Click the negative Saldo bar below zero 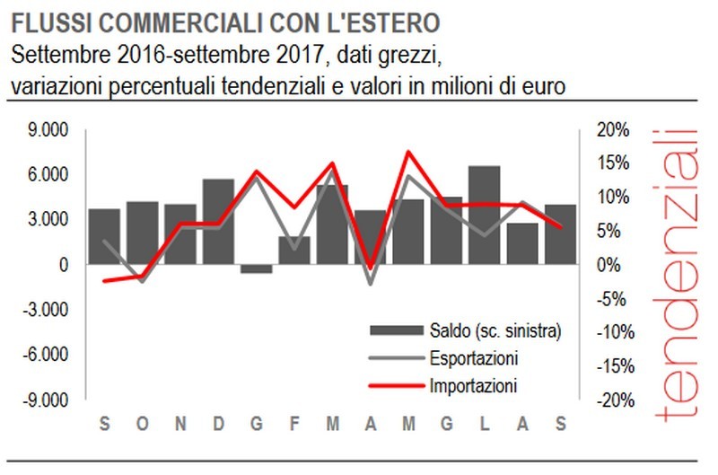click(x=257, y=268)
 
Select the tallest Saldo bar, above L click(x=484, y=215)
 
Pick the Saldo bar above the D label click(x=218, y=221)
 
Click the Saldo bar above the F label click(x=294, y=251)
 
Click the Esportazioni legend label click(x=474, y=359)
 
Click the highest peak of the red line click(x=408, y=152)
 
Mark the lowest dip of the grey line click(x=370, y=284)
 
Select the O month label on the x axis click(x=143, y=424)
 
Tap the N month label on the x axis click(x=180, y=424)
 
